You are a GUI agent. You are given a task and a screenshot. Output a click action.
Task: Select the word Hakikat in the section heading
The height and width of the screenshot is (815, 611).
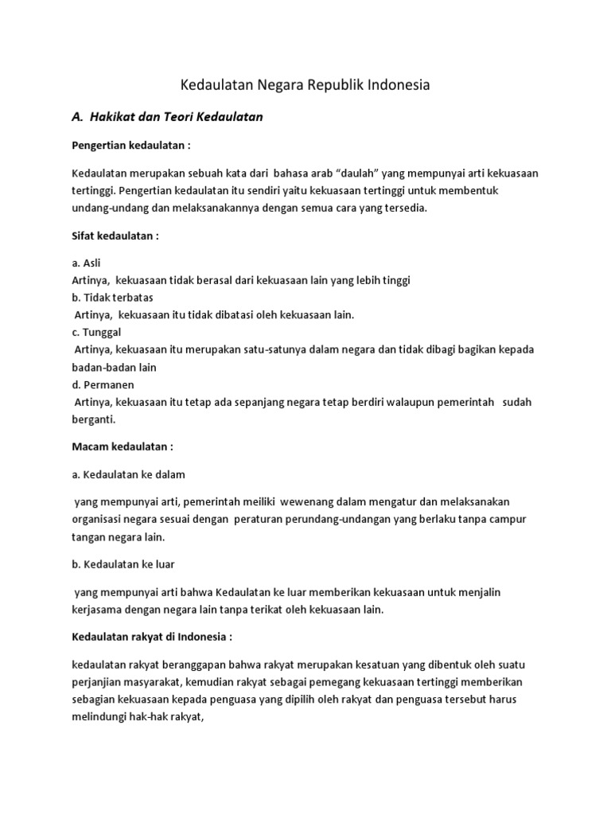117,117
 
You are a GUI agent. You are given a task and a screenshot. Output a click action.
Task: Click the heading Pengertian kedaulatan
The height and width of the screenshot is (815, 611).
131,146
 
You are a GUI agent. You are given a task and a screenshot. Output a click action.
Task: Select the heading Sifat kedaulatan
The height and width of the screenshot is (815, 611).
115,236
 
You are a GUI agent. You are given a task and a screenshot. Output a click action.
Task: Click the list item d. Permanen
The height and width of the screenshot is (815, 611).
103,384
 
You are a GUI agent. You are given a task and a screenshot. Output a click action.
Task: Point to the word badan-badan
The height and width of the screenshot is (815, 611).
115,367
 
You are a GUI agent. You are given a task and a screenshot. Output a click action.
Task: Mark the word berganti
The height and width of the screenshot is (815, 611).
94,419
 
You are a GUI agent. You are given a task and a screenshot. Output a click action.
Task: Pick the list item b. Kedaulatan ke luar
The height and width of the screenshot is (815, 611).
123,563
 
